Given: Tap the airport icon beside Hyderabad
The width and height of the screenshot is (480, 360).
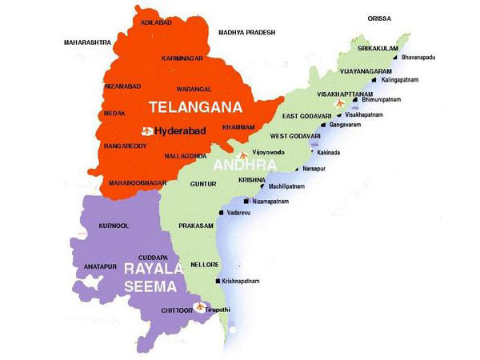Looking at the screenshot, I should tap(146, 130).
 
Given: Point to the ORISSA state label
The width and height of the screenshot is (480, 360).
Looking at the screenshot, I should tap(379, 17).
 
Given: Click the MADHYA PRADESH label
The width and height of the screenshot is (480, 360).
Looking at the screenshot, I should tap(246, 32).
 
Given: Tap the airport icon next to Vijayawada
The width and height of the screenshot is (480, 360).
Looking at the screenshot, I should tap(243, 153).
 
